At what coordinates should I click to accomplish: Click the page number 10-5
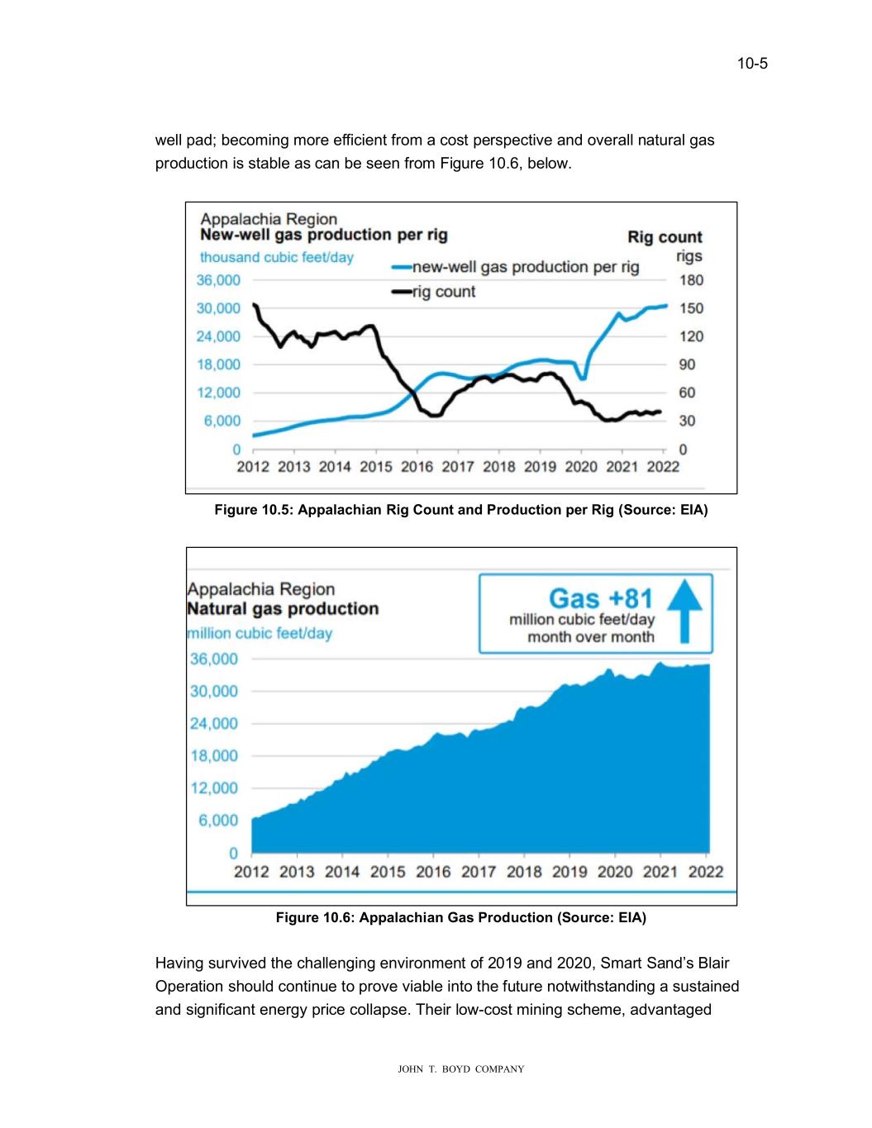coord(752,64)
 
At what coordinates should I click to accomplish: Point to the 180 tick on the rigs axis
coord(691,280)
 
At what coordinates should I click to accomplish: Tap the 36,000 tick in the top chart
coord(218,280)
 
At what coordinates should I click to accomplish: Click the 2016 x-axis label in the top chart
coord(417,467)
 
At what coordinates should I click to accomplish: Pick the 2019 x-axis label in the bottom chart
coord(569,872)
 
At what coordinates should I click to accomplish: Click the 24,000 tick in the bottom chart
coord(214,724)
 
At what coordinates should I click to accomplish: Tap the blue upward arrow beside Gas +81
coord(684,611)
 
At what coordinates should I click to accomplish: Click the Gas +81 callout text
coord(600,597)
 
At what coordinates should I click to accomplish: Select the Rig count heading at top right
coord(665,237)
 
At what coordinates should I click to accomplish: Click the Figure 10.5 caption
coord(461,510)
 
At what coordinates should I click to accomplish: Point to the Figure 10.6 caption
coord(461,917)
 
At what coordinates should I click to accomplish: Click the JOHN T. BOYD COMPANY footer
coord(461,1069)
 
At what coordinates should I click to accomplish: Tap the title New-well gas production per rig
coord(324,235)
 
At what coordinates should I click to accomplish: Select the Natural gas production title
coord(283,609)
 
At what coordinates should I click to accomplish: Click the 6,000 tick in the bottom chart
coord(218,821)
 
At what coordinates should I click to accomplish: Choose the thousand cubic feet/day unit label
coord(276,257)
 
